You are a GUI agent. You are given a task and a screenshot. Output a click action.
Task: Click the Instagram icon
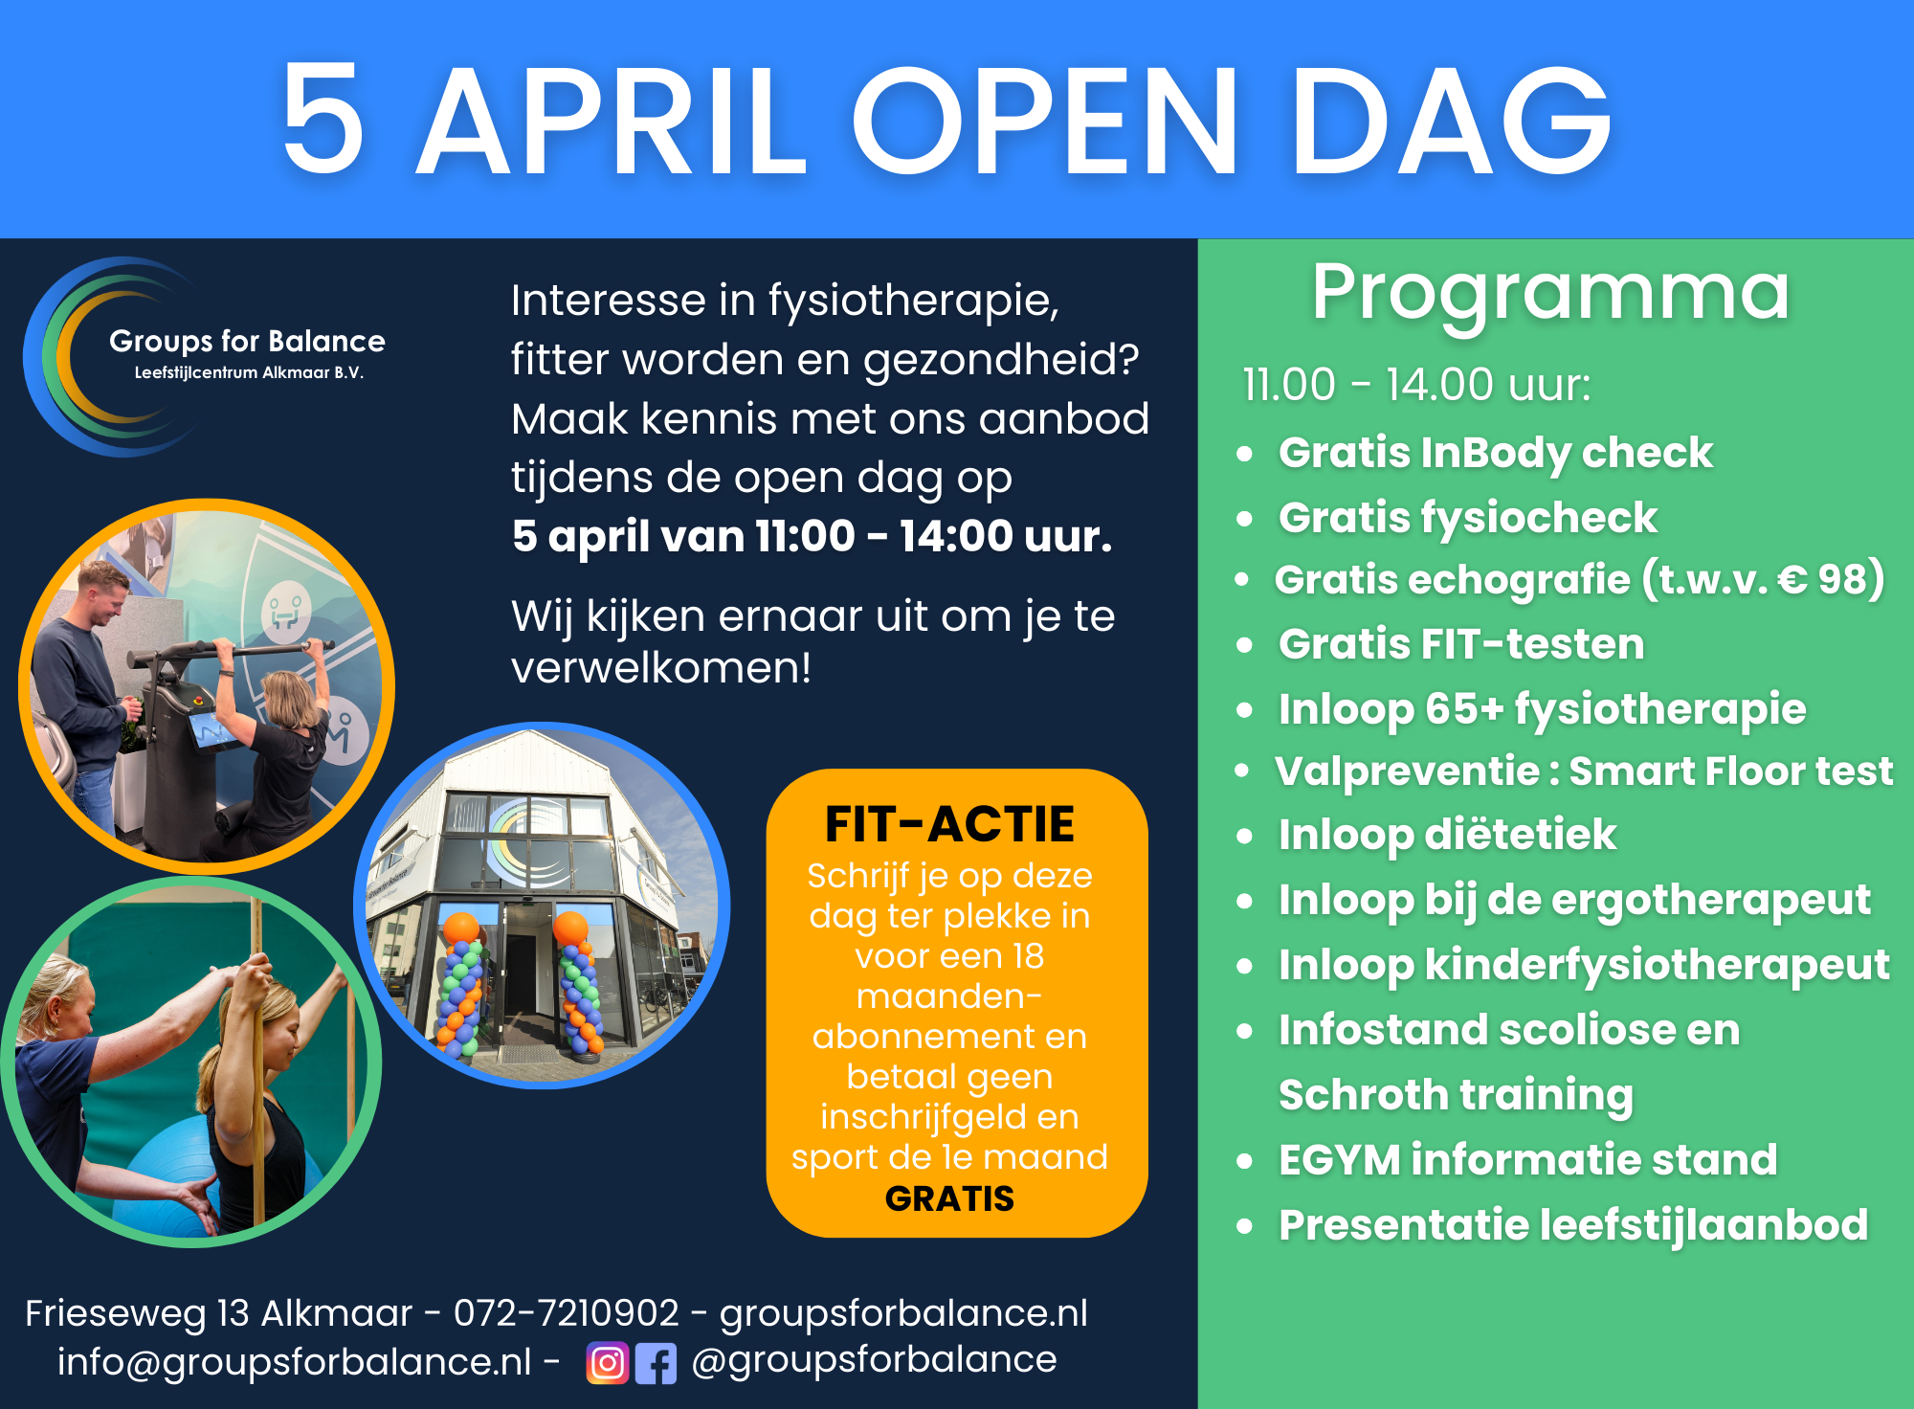tap(607, 1363)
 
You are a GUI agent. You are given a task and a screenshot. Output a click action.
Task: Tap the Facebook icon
tap(656, 1363)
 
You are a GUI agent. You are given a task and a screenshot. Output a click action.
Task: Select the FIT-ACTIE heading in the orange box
tap(949, 824)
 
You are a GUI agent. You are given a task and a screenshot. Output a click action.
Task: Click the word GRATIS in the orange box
tap(949, 1198)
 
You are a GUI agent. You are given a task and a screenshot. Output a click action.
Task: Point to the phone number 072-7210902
tap(567, 1312)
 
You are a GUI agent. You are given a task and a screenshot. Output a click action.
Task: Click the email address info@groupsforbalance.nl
tap(294, 1361)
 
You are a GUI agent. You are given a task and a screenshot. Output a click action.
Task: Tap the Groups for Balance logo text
tap(247, 342)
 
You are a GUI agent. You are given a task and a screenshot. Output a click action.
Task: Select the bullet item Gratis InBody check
tap(1495, 454)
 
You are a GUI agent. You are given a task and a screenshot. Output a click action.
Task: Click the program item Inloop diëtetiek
tap(1447, 835)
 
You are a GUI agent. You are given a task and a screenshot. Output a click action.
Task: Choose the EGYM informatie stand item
tap(1527, 1160)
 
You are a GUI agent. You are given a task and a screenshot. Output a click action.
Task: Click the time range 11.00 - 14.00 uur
tap(1416, 385)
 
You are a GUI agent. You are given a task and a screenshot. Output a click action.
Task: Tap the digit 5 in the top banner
tap(323, 118)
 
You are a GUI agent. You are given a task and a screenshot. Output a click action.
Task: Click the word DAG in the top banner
tap(1452, 120)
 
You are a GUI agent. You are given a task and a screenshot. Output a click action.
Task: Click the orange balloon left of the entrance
tap(461, 928)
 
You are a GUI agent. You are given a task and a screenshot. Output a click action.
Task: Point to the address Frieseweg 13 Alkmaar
tap(218, 1313)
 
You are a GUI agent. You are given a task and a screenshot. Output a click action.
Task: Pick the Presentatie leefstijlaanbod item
tap(1573, 1226)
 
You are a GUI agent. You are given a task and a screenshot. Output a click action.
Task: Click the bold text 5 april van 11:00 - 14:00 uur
tap(812, 536)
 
